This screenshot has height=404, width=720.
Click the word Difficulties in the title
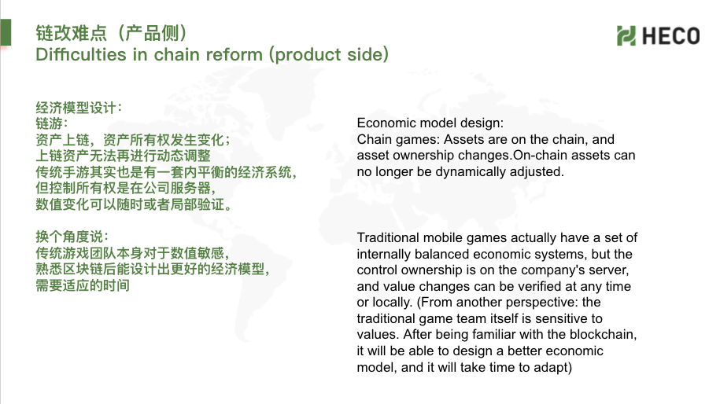81,54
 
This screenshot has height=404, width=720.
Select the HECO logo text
670,36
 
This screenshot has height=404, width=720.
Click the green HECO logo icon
626,36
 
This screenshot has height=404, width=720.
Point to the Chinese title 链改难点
71,33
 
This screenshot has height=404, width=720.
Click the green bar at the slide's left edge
6,32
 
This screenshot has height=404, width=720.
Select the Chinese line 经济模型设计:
79,108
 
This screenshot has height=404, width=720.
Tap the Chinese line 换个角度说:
72,237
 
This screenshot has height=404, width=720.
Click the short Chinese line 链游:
52,124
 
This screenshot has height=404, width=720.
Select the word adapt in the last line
551,368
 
